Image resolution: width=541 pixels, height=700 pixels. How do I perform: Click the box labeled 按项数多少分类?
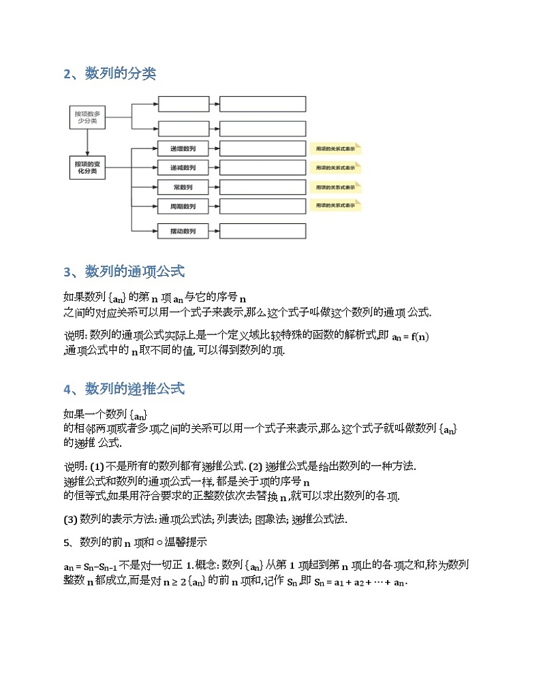click(x=87, y=118)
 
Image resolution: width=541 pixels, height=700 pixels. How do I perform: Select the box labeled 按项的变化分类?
click(x=87, y=168)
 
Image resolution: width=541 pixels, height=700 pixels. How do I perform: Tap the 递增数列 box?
click(x=183, y=148)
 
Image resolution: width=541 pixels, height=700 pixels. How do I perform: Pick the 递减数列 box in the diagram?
click(x=183, y=168)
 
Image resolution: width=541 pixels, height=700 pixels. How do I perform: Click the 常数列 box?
click(x=183, y=187)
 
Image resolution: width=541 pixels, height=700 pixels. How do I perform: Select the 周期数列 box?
click(x=183, y=206)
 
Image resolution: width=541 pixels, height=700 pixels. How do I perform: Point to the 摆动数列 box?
click(x=183, y=232)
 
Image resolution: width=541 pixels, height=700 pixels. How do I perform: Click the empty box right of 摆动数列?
click(x=262, y=232)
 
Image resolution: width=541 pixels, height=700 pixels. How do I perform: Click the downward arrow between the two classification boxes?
click(x=87, y=144)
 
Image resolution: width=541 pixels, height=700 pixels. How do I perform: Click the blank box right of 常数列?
click(x=262, y=187)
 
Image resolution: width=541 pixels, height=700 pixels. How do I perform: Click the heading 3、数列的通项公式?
click(x=124, y=272)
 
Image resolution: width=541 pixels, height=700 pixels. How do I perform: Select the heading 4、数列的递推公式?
click(x=124, y=389)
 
